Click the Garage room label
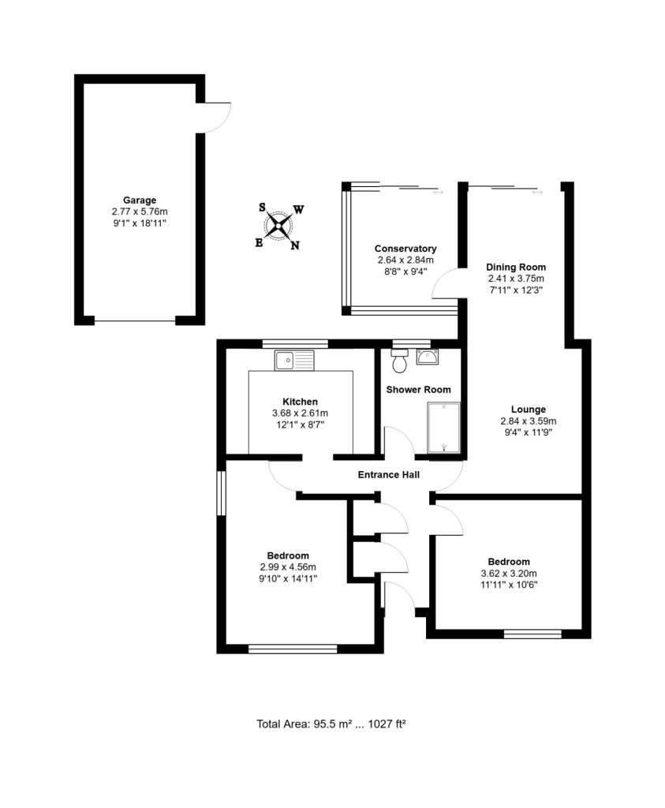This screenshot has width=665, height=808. [x=139, y=200]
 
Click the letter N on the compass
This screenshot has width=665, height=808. [x=295, y=246]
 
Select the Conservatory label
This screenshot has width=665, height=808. [x=405, y=249]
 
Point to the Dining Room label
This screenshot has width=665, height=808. [x=516, y=267]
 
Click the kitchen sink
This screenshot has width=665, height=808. [x=294, y=360]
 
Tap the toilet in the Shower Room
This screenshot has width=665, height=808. [x=398, y=361]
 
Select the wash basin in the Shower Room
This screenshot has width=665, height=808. [x=428, y=357]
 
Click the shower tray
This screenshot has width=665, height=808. [x=443, y=428]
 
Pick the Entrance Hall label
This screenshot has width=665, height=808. [x=388, y=474]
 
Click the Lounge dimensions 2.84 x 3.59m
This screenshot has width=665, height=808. [x=528, y=421]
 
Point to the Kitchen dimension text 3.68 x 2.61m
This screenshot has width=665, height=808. [x=300, y=413]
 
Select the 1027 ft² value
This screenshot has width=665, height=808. [x=387, y=724]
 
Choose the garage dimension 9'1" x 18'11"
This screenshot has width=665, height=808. [x=140, y=223]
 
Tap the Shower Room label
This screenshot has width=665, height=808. [x=418, y=390]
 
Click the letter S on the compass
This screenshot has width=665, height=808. [x=262, y=208]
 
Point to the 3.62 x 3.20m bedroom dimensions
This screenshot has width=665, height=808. [x=509, y=573]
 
